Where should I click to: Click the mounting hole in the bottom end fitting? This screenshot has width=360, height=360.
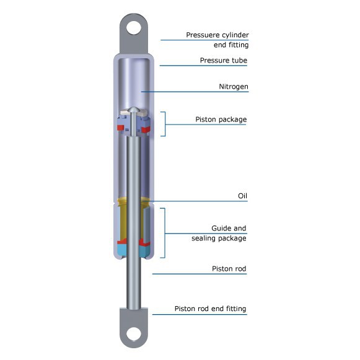[x=134, y=334]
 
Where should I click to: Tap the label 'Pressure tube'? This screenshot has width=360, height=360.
[x=223, y=61]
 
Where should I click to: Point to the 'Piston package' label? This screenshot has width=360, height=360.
[x=221, y=119]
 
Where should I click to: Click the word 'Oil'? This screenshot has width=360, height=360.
[x=242, y=196]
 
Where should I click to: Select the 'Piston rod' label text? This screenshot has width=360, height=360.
[x=229, y=269]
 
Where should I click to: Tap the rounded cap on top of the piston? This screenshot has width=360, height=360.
[x=134, y=112]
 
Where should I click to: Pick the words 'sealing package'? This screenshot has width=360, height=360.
[x=220, y=239]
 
